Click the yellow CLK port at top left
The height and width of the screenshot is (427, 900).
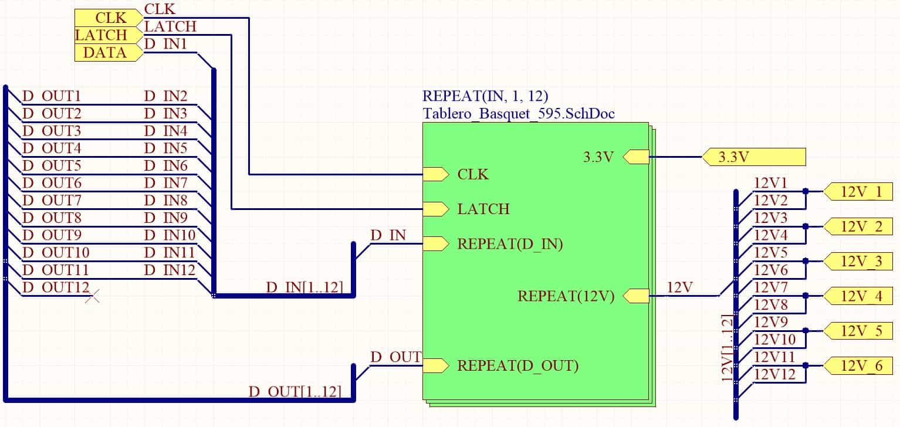click(x=109, y=18)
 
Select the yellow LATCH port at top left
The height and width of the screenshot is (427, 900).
click(x=109, y=35)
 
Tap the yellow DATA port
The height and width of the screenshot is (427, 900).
click(x=109, y=53)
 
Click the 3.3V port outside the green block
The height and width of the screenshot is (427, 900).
click(x=754, y=157)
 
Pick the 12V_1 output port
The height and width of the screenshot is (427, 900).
click(x=858, y=192)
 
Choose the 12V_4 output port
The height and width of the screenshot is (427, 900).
click(x=858, y=296)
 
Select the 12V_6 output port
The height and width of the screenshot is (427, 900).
click(x=858, y=365)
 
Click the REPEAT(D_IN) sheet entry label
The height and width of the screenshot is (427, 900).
click(x=510, y=244)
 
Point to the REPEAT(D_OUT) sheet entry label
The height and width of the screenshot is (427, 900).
click(x=518, y=365)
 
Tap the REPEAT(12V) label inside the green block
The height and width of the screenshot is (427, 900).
click(x=566, y=296)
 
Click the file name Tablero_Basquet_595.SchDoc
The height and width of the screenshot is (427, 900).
click(x=519, y=114)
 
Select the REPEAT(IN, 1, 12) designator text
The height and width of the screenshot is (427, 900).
click(x=485, y=96)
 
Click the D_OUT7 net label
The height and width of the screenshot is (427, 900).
click(x=52, y=200)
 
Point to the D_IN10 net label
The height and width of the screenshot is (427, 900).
click(x=170, y=235)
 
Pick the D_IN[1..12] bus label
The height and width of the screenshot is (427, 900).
click(x=304, y=287)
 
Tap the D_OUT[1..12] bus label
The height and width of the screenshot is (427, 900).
click(x=295, y=392)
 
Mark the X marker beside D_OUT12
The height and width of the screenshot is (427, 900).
click(x=93, y=297)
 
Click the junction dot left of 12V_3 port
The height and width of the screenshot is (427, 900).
click(x=806, y=261)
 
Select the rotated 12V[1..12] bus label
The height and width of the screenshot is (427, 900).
click(x=728, y=348)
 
